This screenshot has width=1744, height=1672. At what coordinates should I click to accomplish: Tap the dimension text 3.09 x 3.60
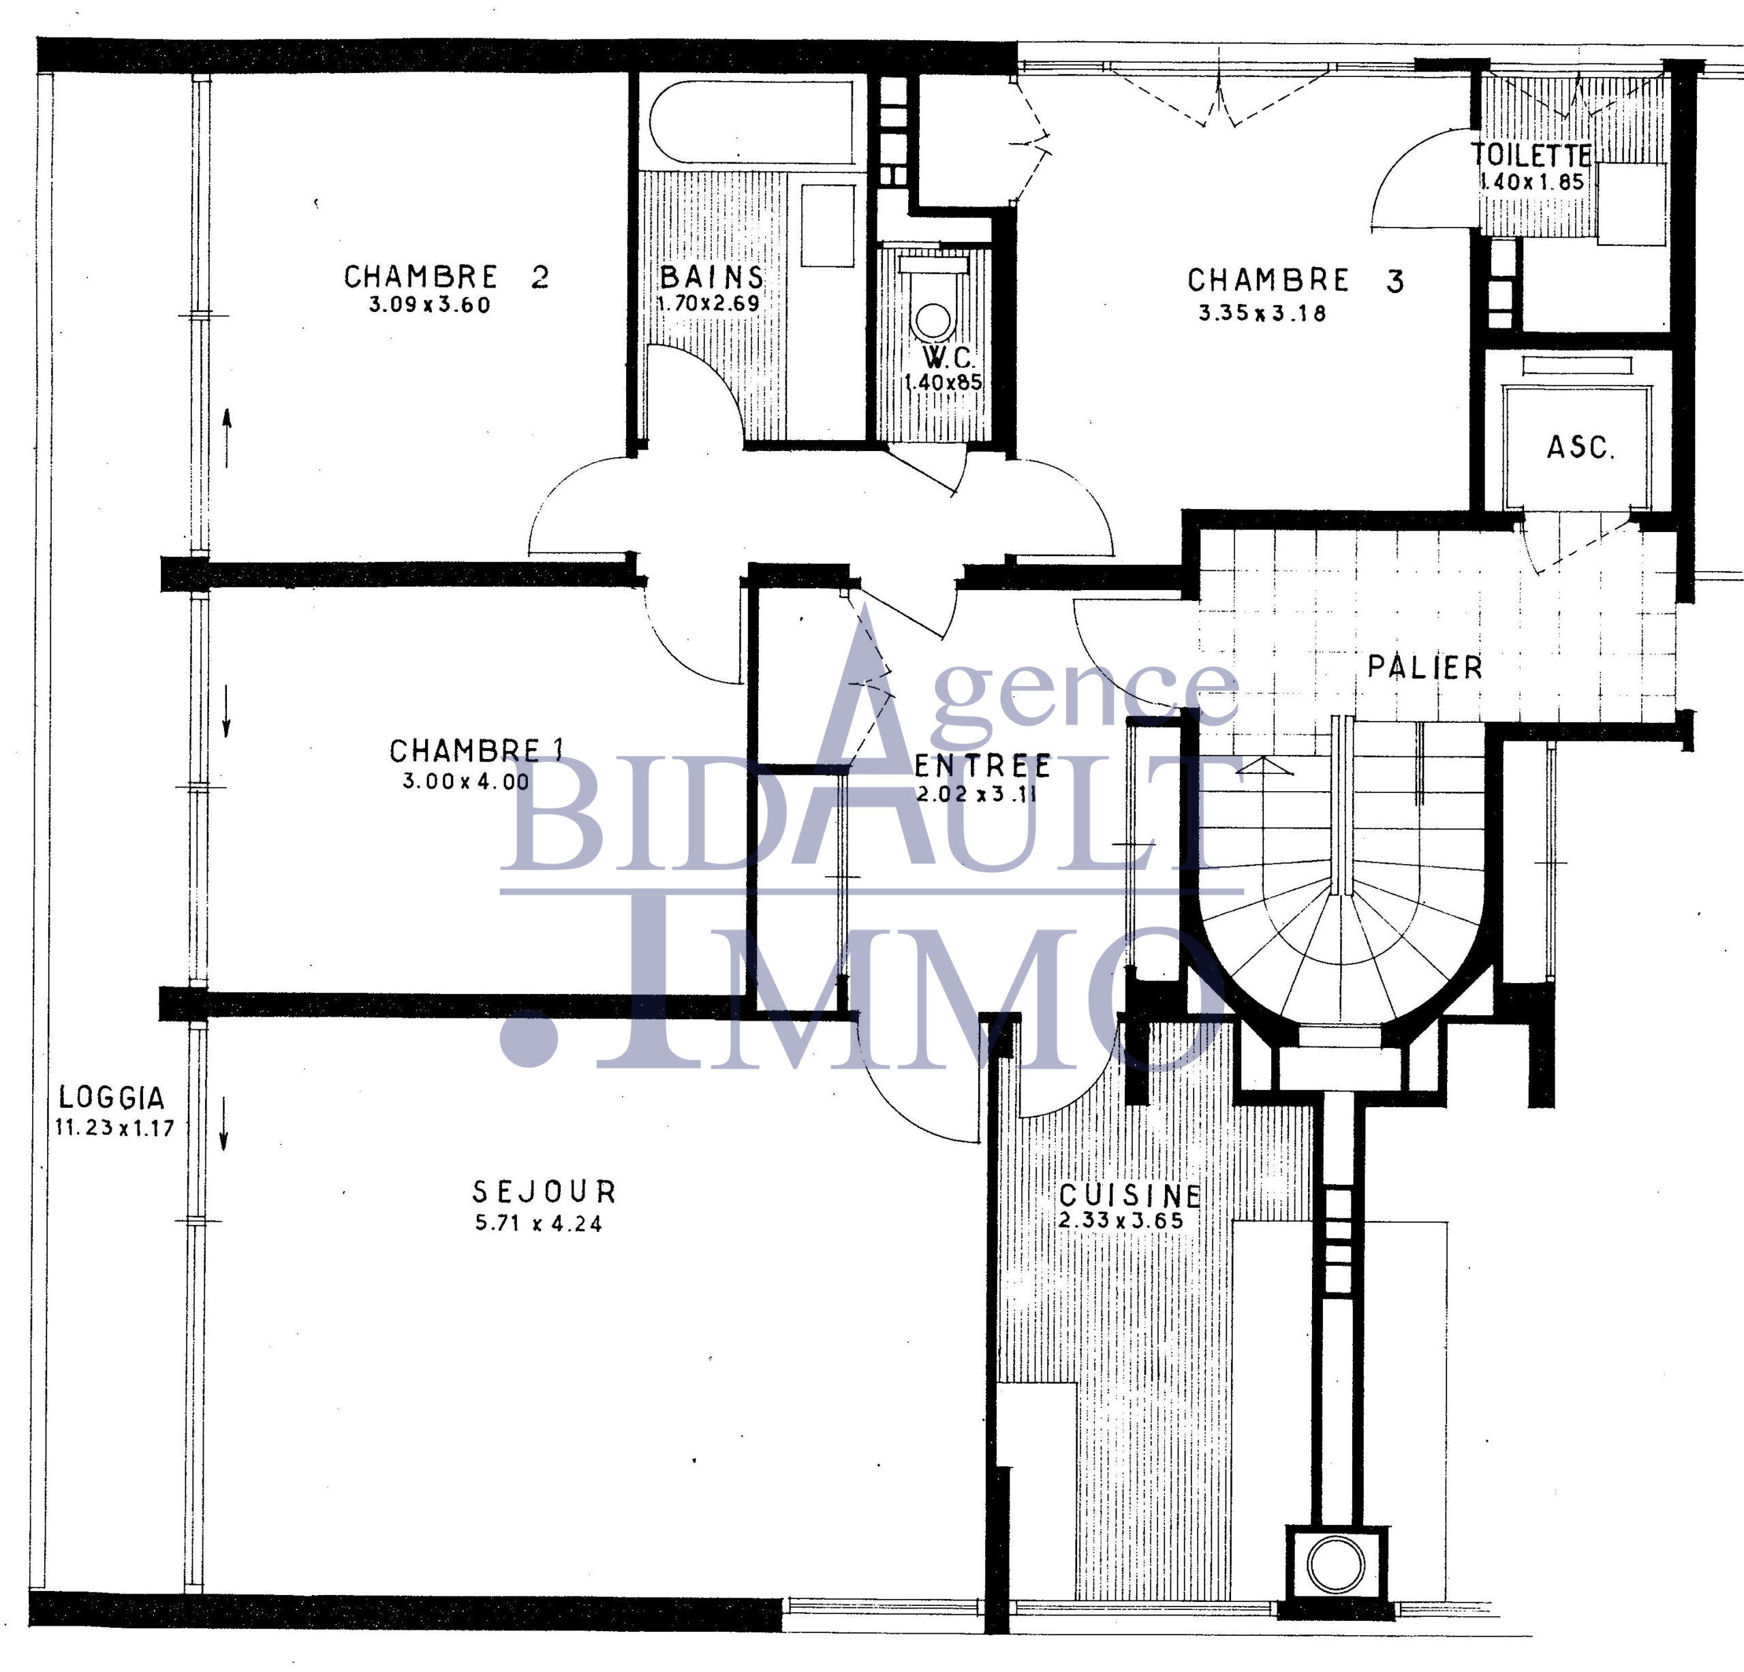coord(430,305)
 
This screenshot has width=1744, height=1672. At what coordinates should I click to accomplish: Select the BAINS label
coord(711,277)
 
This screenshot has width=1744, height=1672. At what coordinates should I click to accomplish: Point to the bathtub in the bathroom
coord(753,121)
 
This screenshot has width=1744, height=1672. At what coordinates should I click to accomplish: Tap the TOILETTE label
coord(1531,156)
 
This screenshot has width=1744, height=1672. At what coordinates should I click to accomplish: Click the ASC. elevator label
coord(1580,447)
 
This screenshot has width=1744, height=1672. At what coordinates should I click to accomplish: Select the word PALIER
coord(1424,668)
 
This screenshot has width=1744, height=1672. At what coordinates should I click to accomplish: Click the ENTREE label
coord(982,766)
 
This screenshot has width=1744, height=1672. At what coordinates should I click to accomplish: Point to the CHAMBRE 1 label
coord(476,751)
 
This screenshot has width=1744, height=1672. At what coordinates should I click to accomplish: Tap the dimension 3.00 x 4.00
coord(465,782)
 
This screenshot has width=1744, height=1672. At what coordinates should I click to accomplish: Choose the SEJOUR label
coord(544,1192)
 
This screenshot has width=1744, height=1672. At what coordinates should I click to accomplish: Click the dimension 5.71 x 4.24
coord(538,1224)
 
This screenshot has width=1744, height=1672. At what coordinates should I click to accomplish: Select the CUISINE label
coord(1130,1195)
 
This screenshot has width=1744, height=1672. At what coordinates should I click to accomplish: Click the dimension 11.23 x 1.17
coord(114,1128)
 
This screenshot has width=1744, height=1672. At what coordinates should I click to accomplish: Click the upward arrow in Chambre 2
coord(227,438)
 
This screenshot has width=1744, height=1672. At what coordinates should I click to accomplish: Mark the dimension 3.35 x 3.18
coord(1262,313)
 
